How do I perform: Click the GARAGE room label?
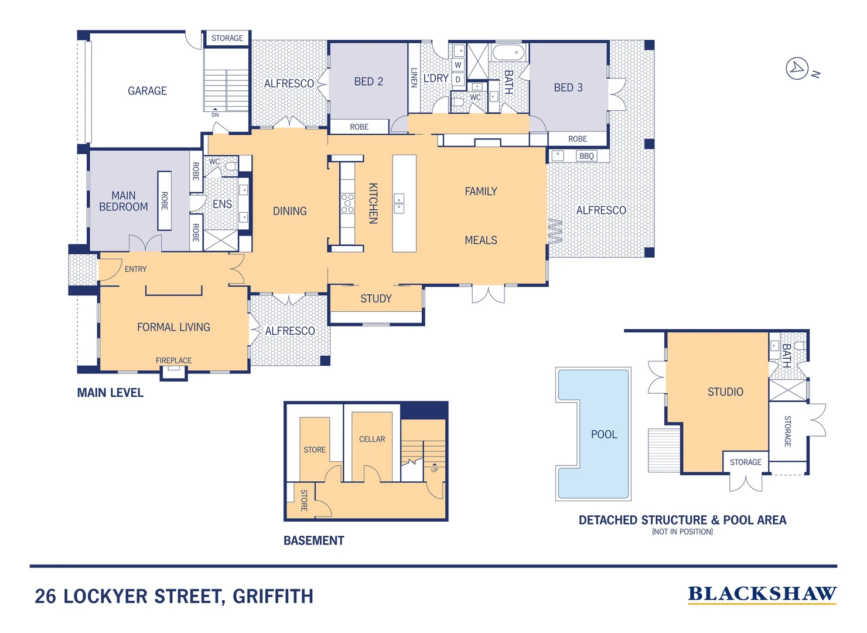click(147, 91)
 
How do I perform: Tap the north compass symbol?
click(797, 69)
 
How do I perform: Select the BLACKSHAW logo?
click(762, 594)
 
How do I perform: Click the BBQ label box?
click(586, 156)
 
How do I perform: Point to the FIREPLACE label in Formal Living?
click(173, 360)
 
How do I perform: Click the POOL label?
click(604, 434)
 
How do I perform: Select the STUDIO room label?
click(725, 392)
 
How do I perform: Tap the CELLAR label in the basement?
click(372, 439)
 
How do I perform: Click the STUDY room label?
click(376, 299)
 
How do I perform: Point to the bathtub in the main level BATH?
click(507, 53)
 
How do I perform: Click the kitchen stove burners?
click(347, 203)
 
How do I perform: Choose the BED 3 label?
click(568, 87)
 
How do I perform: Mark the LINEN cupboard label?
click(414, 77)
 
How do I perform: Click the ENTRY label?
click(135, 269)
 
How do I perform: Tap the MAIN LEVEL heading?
click(110, 393)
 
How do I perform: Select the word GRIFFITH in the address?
click(273, 596)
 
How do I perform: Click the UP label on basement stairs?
click(435, 470)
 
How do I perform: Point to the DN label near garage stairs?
click(215, 115)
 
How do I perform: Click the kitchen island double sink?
click(399, 203)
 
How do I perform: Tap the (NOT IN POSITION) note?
click(682, 532)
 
